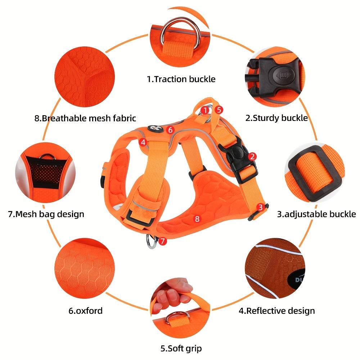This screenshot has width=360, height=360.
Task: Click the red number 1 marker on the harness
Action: pos(205,111)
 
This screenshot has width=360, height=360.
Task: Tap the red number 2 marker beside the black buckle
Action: pos(252,157)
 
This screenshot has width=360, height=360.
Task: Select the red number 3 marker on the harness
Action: pos(260,208)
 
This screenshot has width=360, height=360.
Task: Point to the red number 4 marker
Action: pos(143,142)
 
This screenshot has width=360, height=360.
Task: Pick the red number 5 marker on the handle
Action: pos(219,110)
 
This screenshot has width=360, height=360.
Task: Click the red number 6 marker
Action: pos(170,130)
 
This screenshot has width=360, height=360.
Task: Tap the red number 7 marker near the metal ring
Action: pos(162,241)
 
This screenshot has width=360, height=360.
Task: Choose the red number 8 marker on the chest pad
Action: pos(197,219)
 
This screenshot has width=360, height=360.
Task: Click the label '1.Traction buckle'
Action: pos(181,79)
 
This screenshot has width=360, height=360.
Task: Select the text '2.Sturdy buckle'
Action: pos(276,118)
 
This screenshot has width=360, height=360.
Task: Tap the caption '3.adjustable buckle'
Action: pos(316,214)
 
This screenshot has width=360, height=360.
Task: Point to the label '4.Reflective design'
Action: pos(276,311)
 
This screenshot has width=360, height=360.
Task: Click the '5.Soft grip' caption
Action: pos(181,348)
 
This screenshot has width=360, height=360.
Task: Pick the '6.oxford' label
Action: pos(85,311)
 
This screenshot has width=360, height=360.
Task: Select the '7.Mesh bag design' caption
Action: pos(46,214)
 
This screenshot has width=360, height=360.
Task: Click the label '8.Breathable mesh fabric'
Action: pos(85,118)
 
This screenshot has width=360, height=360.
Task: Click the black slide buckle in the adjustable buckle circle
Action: pos(315,174)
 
